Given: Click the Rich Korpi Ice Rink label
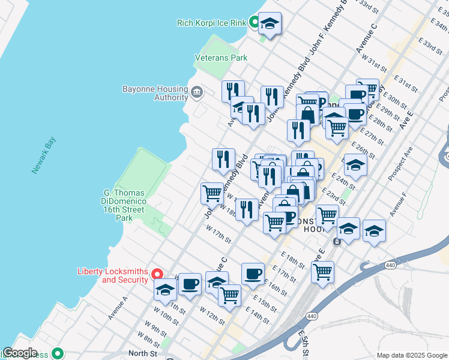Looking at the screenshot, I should tap(212, 23).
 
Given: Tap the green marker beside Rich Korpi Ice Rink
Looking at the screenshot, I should tap(254, 23).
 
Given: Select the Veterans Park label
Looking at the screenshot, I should tap(221, 58).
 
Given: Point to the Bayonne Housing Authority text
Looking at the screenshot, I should tap(155, 93).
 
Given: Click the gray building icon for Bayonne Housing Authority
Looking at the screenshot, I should tap(197, 92).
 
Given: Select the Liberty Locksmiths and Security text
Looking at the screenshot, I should tap(113, 275).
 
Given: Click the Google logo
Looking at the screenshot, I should tap(20, 353).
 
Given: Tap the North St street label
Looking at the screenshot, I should tap(142, 353).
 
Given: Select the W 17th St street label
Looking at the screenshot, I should tap(218, 234).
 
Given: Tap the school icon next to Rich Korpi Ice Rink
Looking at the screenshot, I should tap(270, 25).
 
